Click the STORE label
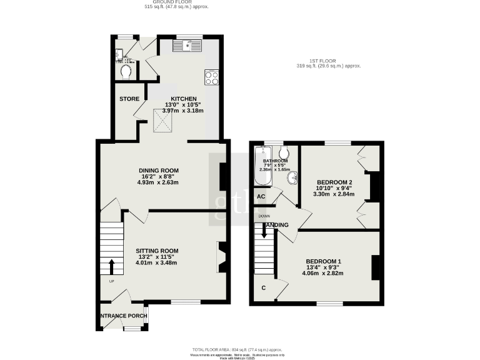pos(129,99)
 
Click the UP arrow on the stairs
pos(112,267)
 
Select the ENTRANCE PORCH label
pos(124,316)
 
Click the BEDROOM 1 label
pos(323,261)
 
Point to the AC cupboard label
pos(261,196)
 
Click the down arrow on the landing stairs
pos(264,231)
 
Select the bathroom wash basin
pos(290,179)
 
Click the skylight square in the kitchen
pos(164,120)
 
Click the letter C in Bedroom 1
pos(264,288)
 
